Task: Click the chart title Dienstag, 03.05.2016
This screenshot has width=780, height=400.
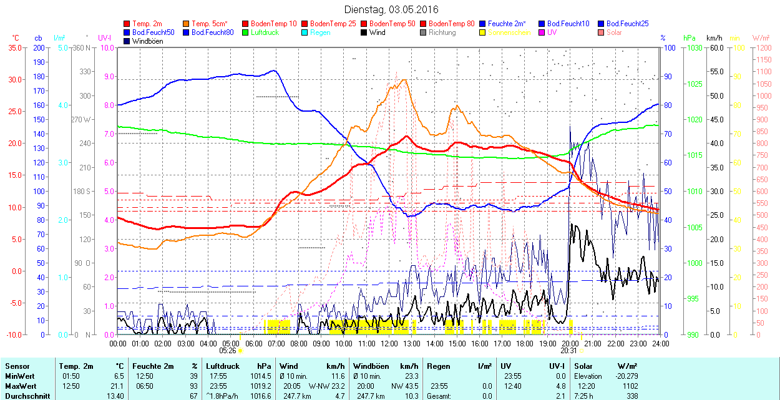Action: pyautogui.click(x=391, y=9)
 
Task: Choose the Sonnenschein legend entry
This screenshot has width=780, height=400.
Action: pyautogui.click(x=509, y=32)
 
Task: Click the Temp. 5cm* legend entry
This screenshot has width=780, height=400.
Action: pyautogui.click(x=209, y=23)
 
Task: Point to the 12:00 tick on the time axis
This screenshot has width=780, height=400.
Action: pyautogui.click(x=389, y=343)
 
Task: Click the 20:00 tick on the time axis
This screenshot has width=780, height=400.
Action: pyautogui.click(x=570, y=343)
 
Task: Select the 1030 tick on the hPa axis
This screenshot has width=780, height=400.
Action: pyautogui.click(x=692, y=47)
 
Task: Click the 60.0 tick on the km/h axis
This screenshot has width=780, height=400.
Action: pyautogui.click(x=715, y=47)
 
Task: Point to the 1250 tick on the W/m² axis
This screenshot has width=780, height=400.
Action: pyautogui.click(x=763, y=47)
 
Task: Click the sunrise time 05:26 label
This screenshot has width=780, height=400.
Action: pyautogui.click(x=227, y=351)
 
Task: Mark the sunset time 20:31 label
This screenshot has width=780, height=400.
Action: pyautogui.click(x=568, y=351)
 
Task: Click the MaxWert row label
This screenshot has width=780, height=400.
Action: pyautogui.click(x=20, y=386)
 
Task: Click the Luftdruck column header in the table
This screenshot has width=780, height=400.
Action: pyautogui.click(x=223, y=366)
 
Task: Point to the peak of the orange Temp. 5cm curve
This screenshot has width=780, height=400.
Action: pyautogui.click(x=404, y=79)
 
